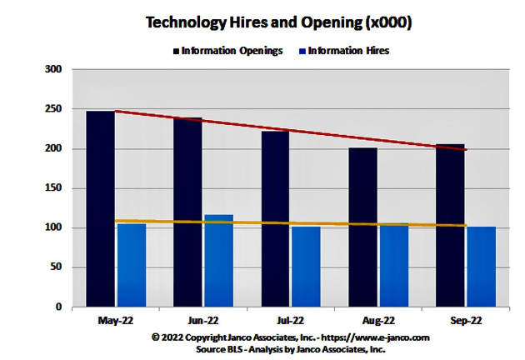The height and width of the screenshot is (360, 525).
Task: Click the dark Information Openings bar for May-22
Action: pos(101,208)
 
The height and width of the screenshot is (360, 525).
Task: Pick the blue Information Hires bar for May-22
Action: pos(132,267)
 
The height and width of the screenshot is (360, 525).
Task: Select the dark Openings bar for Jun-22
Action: pos(187,212)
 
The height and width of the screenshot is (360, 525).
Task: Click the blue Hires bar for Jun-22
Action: pos(218,262)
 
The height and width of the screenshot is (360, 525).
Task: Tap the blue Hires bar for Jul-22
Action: pos(306,268)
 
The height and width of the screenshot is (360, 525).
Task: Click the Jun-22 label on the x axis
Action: pos(202,321)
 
